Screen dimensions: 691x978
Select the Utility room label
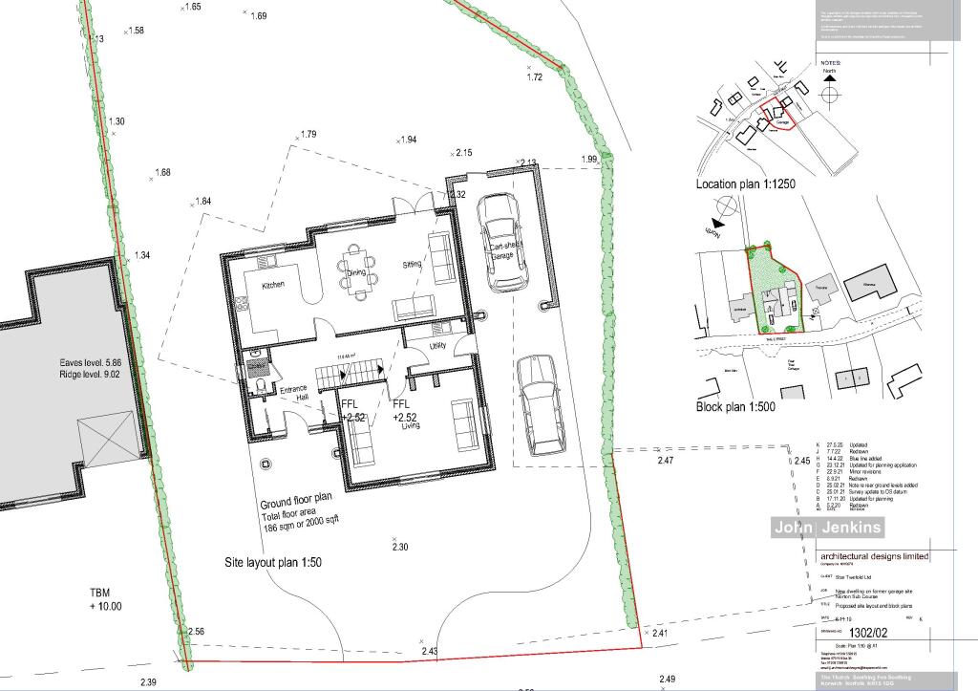pos(438,345)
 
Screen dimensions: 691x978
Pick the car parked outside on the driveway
pos(541,404)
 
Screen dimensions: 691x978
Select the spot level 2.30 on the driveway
pos(400,547)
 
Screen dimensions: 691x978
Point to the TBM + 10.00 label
pos(106,599)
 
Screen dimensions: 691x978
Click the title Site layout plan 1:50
pos(273,563)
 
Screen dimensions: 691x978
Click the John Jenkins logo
pos(828,528)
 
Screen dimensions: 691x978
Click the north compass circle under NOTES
pos(828,95)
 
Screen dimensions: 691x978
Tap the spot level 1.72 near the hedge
pos(534,76)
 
